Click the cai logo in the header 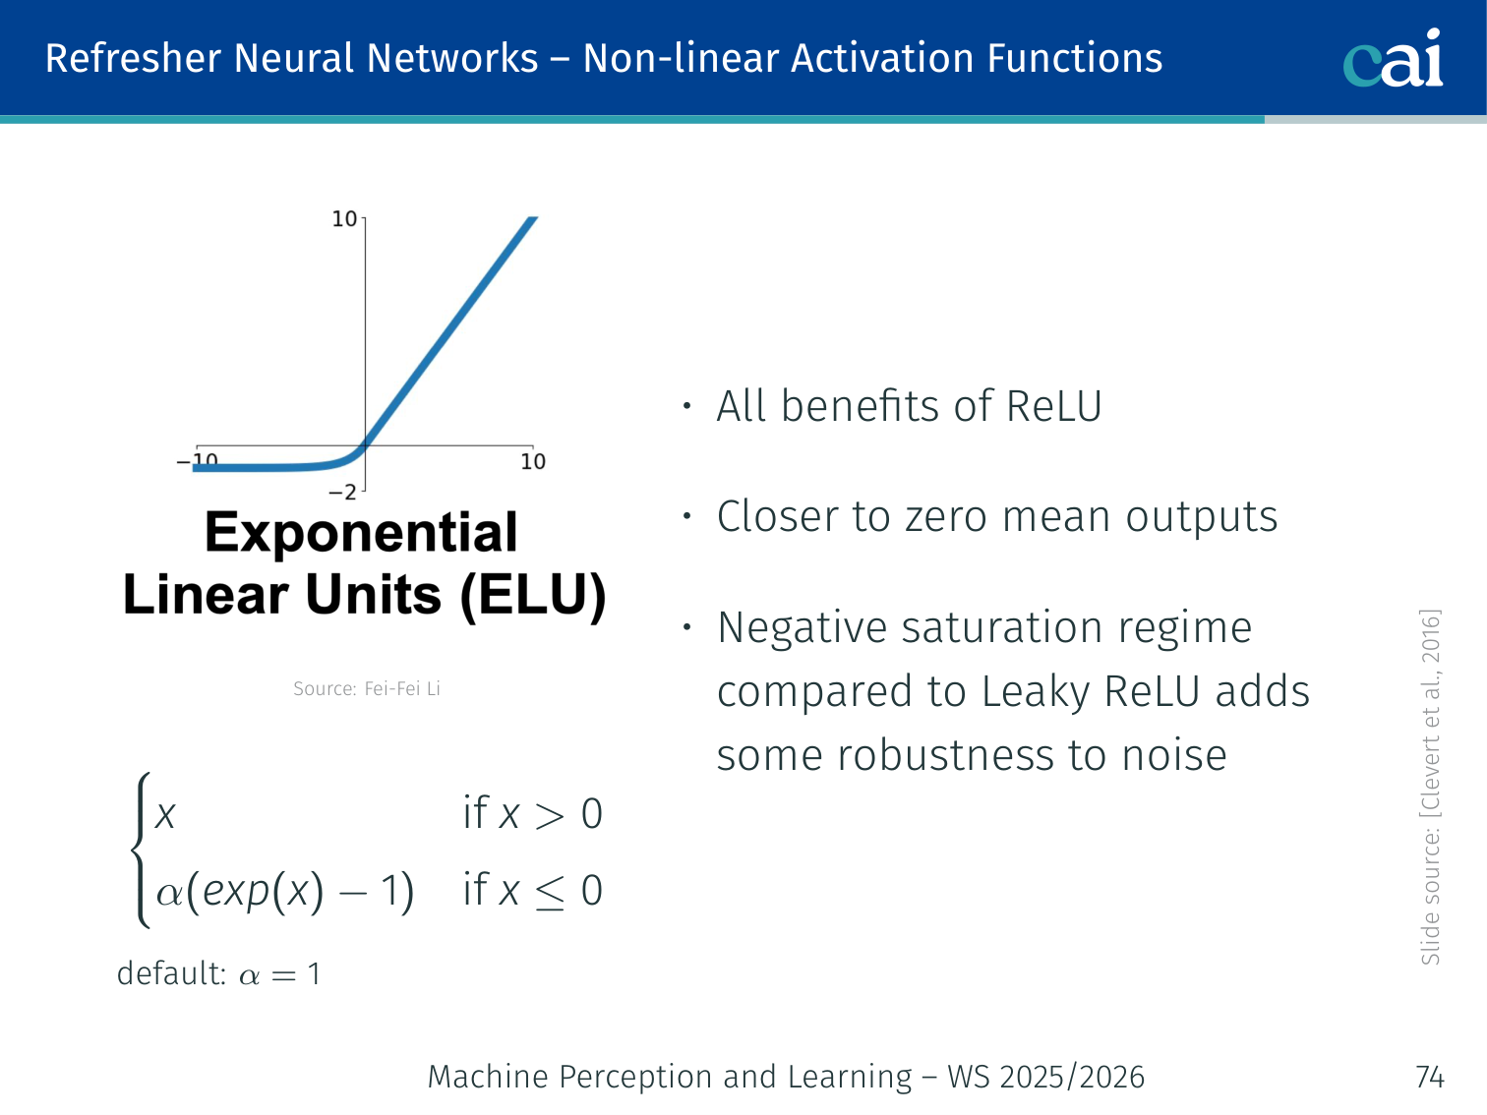tap(1393, 58)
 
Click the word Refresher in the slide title tap(133, 58)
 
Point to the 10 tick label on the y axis tap(344, 218)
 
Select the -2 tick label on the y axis tap(342, 493)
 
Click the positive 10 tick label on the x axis tap(533, 462)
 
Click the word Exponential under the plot tap(361, 533)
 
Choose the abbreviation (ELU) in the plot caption tap(533, 596)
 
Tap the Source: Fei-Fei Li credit tap(367, 688)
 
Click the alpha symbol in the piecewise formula tap(169, 895)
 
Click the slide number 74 tap(1430, 1078)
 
